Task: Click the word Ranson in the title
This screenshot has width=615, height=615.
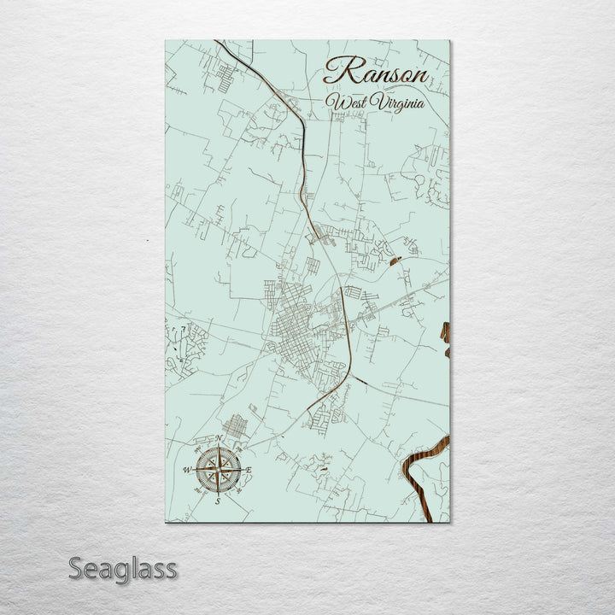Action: click(x=376, y=72)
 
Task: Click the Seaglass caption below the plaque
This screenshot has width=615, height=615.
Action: click(x=123, y=568)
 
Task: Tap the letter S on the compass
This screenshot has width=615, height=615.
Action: click(x=217, y=501)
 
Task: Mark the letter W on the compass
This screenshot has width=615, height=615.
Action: click(x=187, y=470)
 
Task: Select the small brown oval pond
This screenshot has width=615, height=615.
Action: click(x=395, y=260)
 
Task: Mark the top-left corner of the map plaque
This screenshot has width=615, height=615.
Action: click(x=166, y=41)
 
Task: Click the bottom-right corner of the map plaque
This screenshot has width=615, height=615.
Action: click(x=448, y=521)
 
